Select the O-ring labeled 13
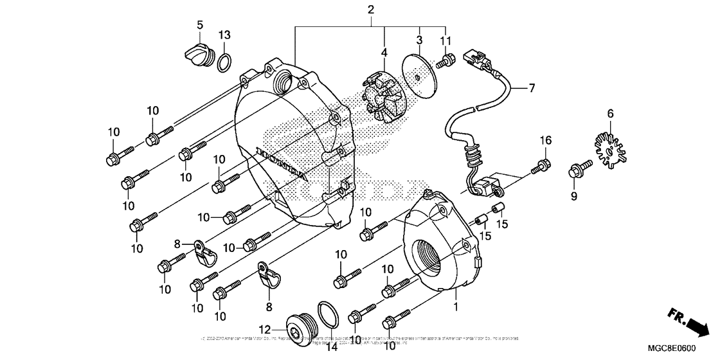coord(224,63)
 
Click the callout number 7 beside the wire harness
coord(532,89)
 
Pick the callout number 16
coord(545,140)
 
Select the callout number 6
coord(592,114)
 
